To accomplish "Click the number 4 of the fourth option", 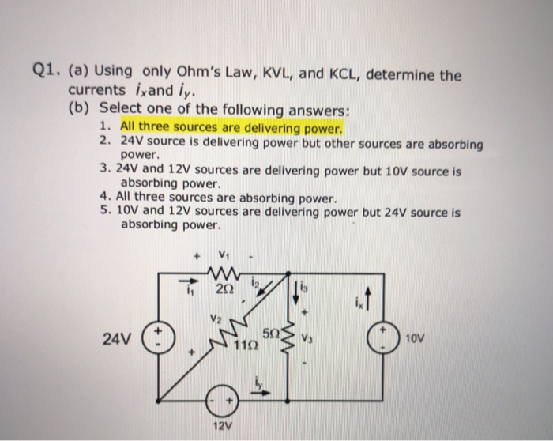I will [105, 198].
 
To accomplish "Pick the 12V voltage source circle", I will [224, 401].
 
